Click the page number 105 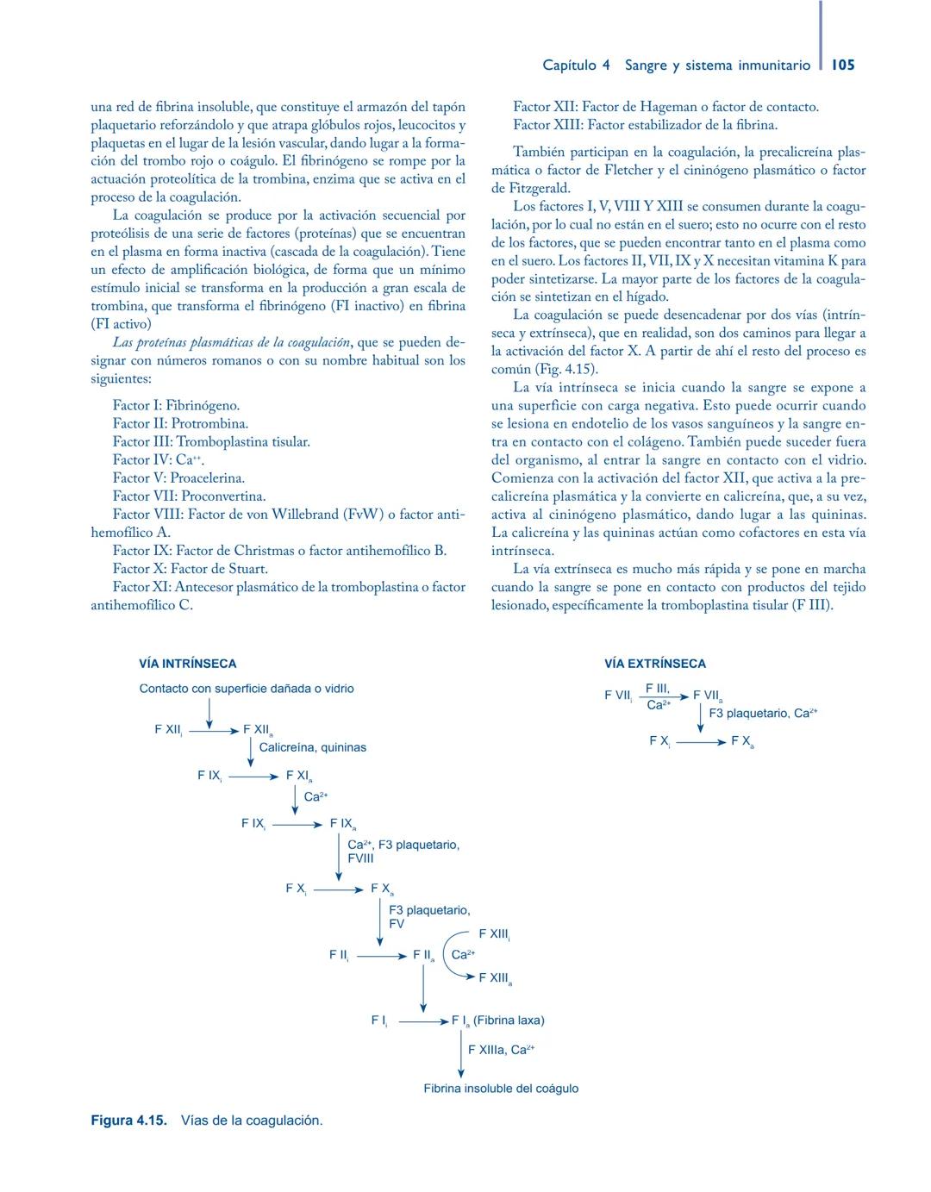(843, 65)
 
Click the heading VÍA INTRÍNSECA (187, 664)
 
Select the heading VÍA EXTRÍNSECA (654, 664)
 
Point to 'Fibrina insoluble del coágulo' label (501, 1089)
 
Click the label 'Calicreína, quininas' (312, 747)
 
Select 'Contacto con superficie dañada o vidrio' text (247, 689)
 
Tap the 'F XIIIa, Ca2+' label (501, 1050)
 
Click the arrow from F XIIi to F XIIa (213, 731)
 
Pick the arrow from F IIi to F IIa (381, 956)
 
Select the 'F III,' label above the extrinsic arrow (658, 688)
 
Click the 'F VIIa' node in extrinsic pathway (708, 696)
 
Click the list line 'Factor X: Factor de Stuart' (190, 569)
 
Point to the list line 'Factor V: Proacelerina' (178, 477)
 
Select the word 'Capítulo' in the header (569, 65)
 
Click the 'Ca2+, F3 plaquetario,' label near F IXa (403, 845)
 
